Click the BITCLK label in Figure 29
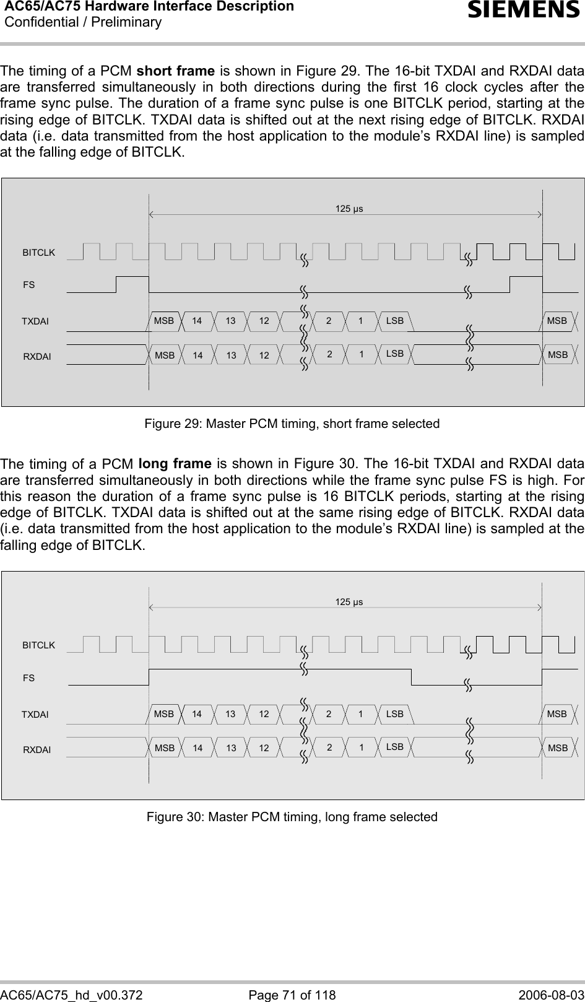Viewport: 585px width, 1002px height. tap(38, 253)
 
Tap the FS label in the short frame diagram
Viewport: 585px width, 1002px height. tap(28, 285)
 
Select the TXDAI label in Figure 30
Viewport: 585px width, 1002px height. tap(35, 715)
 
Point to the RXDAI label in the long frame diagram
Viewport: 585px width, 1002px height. tap(37, 749)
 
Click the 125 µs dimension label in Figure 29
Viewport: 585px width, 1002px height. tap(349, 208)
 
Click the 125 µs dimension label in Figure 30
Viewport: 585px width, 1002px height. tap(349, 601)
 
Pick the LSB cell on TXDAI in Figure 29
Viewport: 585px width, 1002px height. tap(394, 321)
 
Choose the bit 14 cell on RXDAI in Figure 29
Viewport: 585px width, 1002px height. tap(197, 355)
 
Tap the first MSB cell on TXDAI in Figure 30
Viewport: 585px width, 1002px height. tap(164, 714)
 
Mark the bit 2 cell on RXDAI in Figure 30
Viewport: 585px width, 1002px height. tap(329, 747)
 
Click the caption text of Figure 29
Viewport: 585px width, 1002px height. tap(292, 424)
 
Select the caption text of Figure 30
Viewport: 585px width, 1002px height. tap(292, 817)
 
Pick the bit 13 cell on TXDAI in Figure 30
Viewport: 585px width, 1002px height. tap(230, 714)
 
